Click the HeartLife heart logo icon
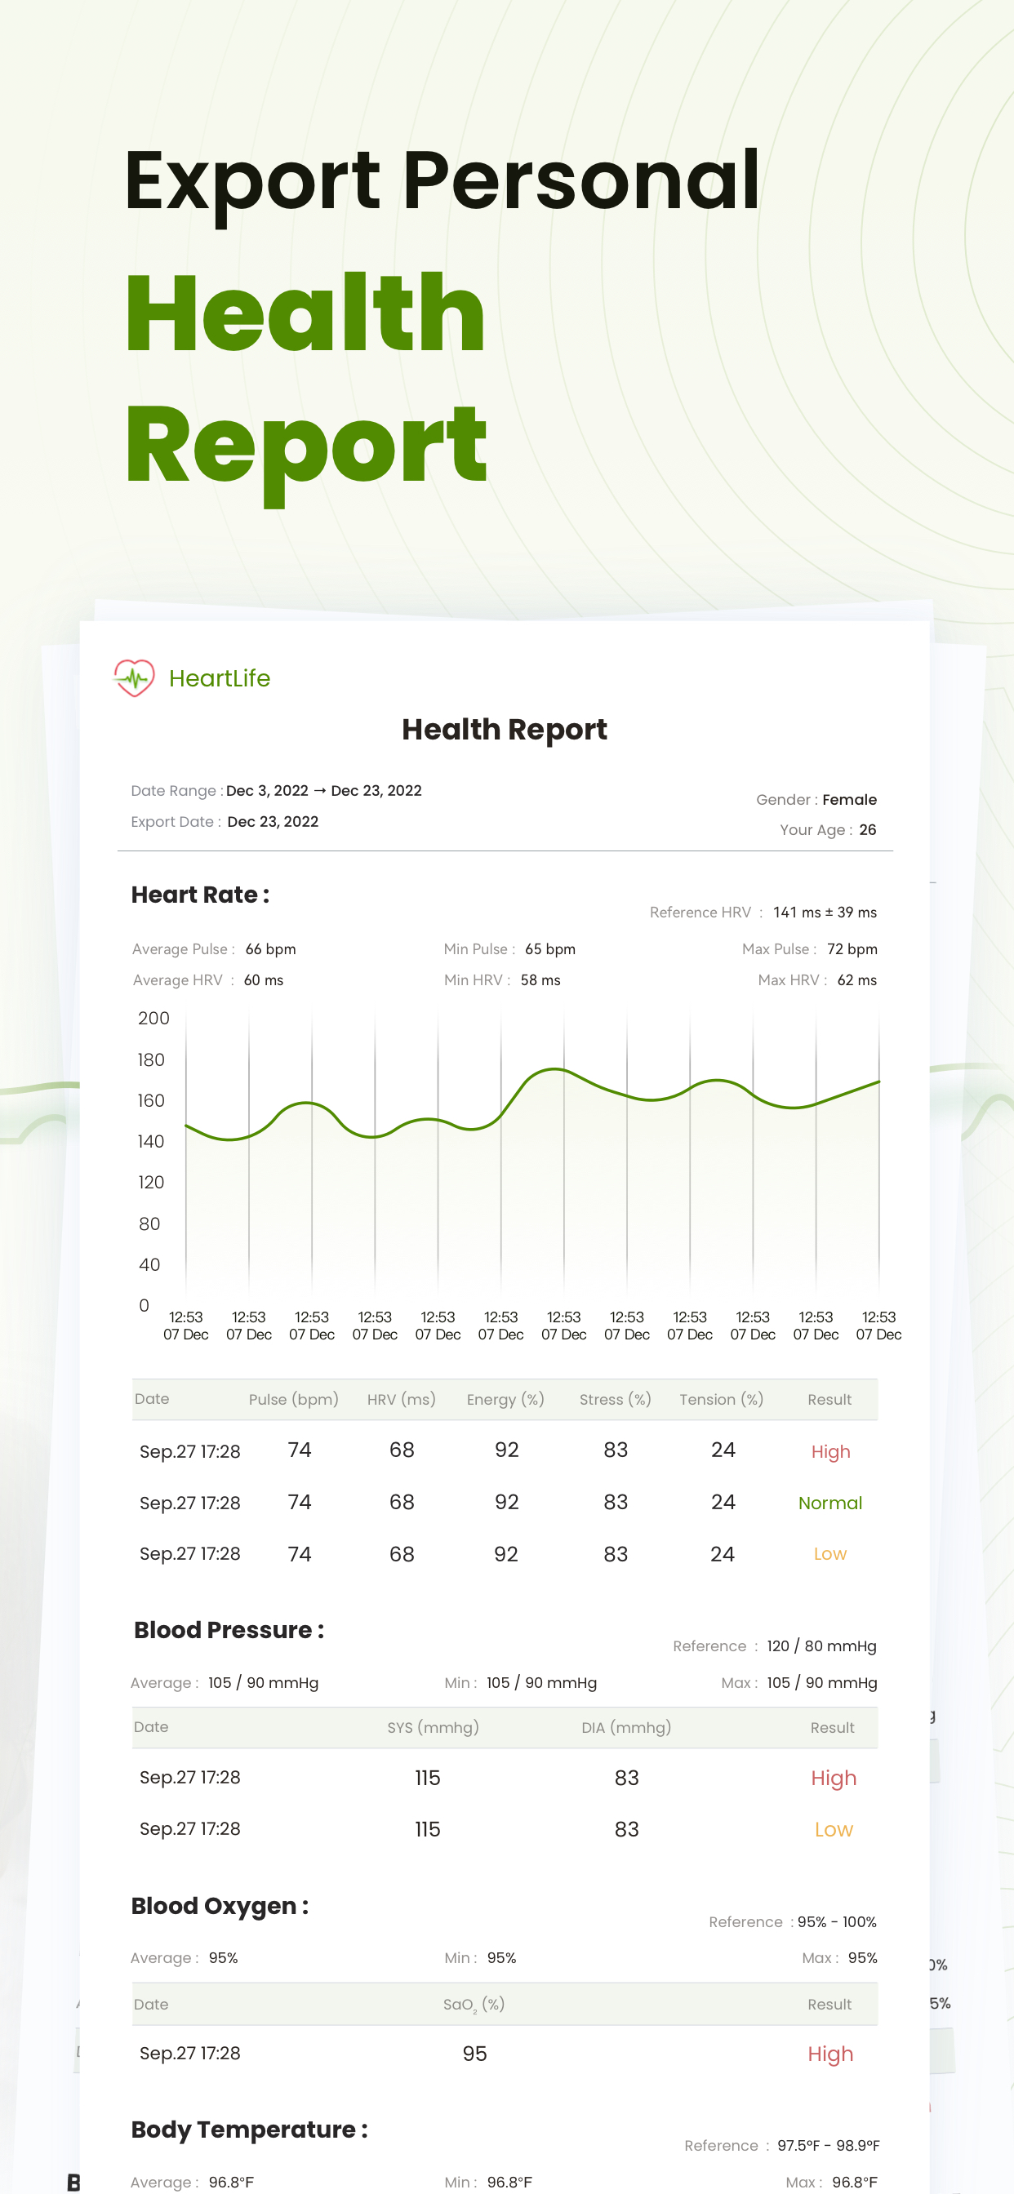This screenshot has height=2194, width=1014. [134, 678]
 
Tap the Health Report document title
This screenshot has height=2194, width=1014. [505, 730]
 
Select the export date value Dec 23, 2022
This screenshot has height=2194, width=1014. [273, 822]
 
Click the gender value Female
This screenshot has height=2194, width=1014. [849, 800]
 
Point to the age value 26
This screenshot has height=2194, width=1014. [867, 829]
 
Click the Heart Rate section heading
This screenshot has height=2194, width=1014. [200, 895]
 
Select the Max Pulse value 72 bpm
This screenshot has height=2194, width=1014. [852, 948]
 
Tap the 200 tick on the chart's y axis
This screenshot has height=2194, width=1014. [153, 1019]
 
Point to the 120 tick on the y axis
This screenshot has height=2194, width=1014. [151, 1182]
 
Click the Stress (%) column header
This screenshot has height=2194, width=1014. [616, 1399]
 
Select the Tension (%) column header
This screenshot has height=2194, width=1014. [721, 1399]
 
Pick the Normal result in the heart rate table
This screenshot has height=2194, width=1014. [830, 1503]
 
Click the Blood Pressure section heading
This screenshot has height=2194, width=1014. [229, 1630]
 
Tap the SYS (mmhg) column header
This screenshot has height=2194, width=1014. [433, 1727]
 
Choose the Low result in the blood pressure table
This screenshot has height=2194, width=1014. [834, 1829]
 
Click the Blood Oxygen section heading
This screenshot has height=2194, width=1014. [220, 1906]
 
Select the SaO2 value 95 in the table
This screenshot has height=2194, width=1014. [474, 2054]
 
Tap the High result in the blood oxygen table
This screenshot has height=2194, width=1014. [830, 2054]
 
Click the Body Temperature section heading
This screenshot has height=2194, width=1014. [250, 2130]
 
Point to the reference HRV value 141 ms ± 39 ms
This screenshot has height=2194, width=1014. [824, 913]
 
